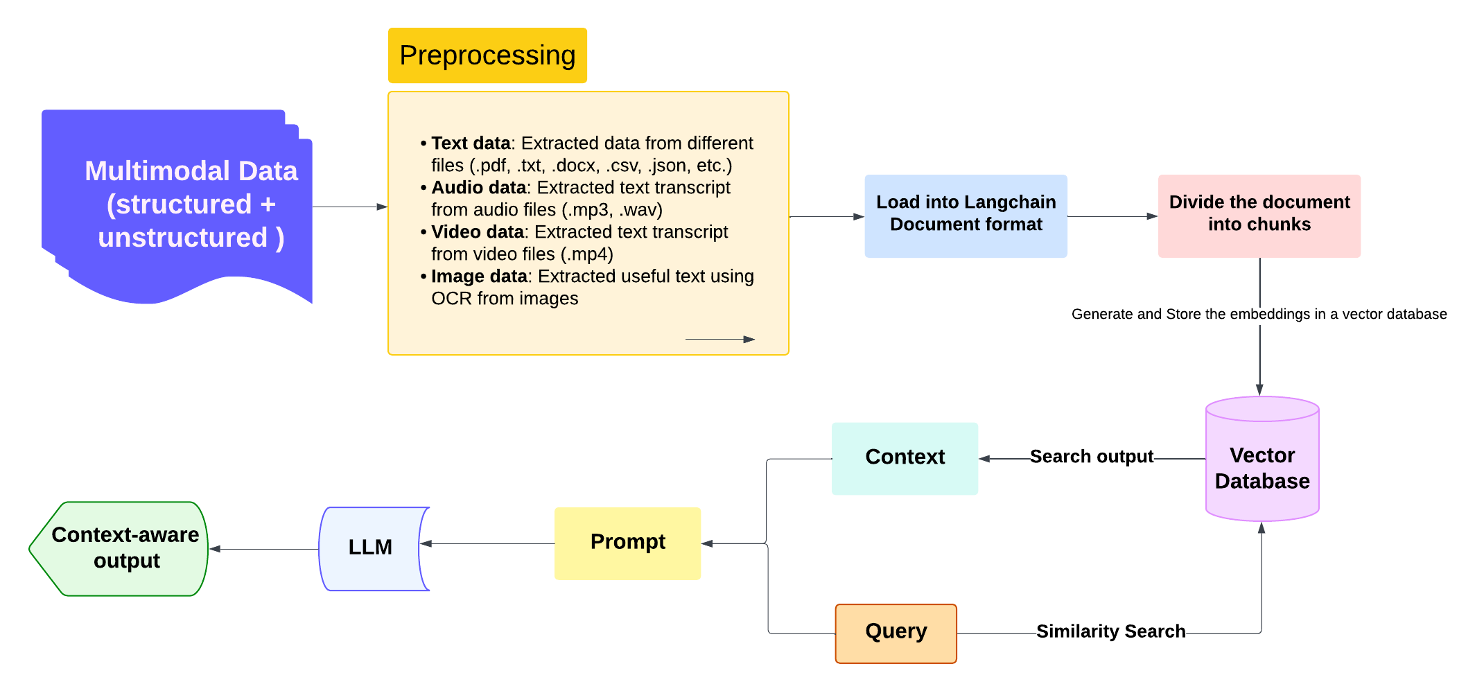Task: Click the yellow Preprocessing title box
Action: tap(487, 55)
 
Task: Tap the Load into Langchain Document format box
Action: tap(966, 216)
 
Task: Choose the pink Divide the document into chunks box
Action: tap(1259, 216)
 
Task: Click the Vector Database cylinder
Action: tap(1262, 468)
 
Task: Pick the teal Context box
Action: tap(905, 458)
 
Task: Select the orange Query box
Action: tap(896, 633)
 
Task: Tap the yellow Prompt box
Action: tap(627, 543)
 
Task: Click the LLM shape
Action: tap(371, 548)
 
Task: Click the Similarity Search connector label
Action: tap(1110, 631)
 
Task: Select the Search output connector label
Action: tap(1091, 457)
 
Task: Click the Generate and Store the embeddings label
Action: tap(1259, 314)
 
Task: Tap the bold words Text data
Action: tap(471, 143)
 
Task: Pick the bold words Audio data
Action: tap(478, 188)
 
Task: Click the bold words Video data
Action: tap(477, 232)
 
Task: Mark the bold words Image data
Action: tap(479, 277)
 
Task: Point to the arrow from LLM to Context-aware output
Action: tap(263, 549)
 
